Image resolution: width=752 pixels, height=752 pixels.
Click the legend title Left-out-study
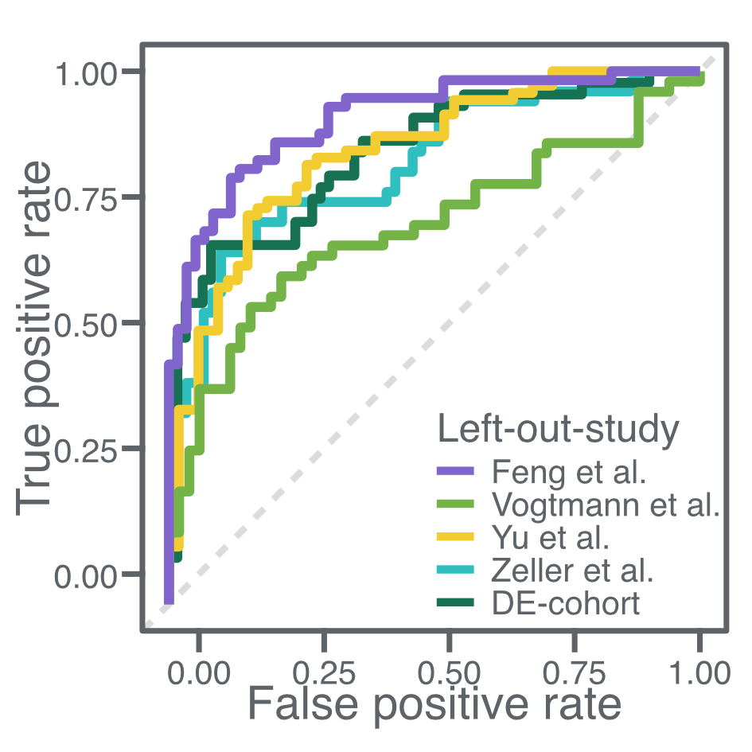[x=558, y=431]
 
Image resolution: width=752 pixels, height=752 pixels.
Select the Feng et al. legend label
[x=568, y=472]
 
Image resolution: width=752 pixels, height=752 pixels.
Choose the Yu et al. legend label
[x=551, y=538]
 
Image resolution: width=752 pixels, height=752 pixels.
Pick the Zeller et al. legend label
[x=572, y=571]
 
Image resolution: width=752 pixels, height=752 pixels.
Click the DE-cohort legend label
[x=566, y=603]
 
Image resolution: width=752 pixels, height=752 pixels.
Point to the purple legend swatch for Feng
[x=456, y=472]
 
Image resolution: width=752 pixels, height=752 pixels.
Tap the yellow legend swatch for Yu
[x=456, y=538]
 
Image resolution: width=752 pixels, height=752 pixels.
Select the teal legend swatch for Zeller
[x=456, y=571]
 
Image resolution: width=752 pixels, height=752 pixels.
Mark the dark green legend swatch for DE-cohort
[x=456, y=603]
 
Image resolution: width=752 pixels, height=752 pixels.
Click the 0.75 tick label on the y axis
[x=87, y=197]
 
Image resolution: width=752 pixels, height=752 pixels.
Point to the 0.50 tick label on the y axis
[x=87, y=323]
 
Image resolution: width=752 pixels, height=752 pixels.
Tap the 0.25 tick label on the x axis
[x=325, y=672]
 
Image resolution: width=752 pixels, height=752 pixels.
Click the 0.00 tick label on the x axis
[x=200, y=672]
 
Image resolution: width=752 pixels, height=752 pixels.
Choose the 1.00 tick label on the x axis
[x=698, y=672]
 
